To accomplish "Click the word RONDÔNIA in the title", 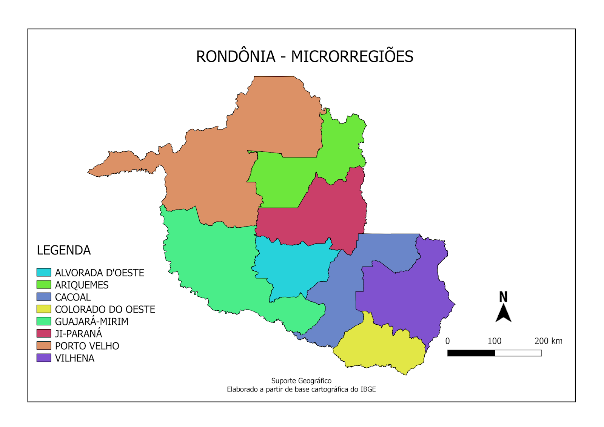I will [x=236, y=57].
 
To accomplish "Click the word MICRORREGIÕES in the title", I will [x=352, y=57].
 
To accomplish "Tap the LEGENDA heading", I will [x=63, y=250].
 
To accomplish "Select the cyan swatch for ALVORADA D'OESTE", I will [x=44, y=272].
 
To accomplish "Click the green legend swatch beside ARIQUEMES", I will [x=44, y=284].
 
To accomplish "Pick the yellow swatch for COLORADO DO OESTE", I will [x=44, y=309].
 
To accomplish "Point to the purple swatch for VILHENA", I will [x=44, y=358].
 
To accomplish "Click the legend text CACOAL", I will [x=73, y=297].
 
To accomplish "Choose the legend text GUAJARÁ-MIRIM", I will [x=92, y=322].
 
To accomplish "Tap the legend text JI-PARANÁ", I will [x=79, y=334].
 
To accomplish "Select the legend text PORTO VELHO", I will [x=87, y=346].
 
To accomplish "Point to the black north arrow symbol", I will [x=503, y=313].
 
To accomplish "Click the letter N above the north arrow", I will [x=503, y=297].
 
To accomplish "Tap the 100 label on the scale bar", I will [x=495, y=341].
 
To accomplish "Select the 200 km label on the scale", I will [x=548, y=341].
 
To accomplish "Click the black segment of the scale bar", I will [x=471, y=353].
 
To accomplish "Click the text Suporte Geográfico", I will [x=301, y=381].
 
